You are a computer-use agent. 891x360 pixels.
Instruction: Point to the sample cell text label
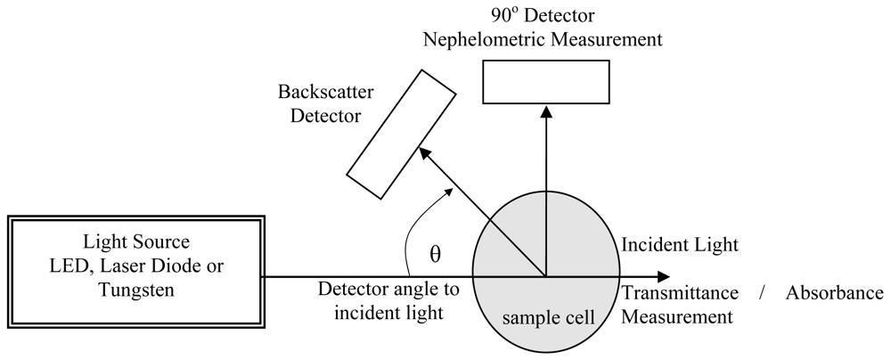[544, 317]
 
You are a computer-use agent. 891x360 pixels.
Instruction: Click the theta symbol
[435, 253]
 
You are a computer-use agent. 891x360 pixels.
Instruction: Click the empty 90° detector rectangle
[544, 82]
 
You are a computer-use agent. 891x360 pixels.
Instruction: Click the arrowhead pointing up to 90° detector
[544, 109]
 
